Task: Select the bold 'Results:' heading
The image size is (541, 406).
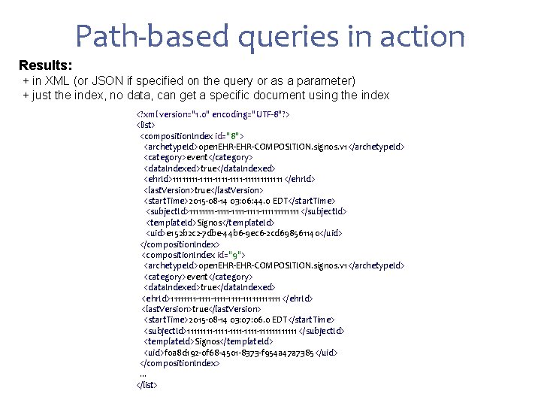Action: pyautogui.click(x=46, y=65)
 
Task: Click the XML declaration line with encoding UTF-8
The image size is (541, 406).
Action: pyautogui.click(x=213, y=114)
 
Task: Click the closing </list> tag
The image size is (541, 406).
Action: pyautogui.click(x=147, y=385)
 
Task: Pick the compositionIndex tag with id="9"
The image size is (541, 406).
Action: pyautogui.click(x=195, y=255)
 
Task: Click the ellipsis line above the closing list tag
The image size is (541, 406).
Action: pyautogui.click(x=143, y=374)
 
